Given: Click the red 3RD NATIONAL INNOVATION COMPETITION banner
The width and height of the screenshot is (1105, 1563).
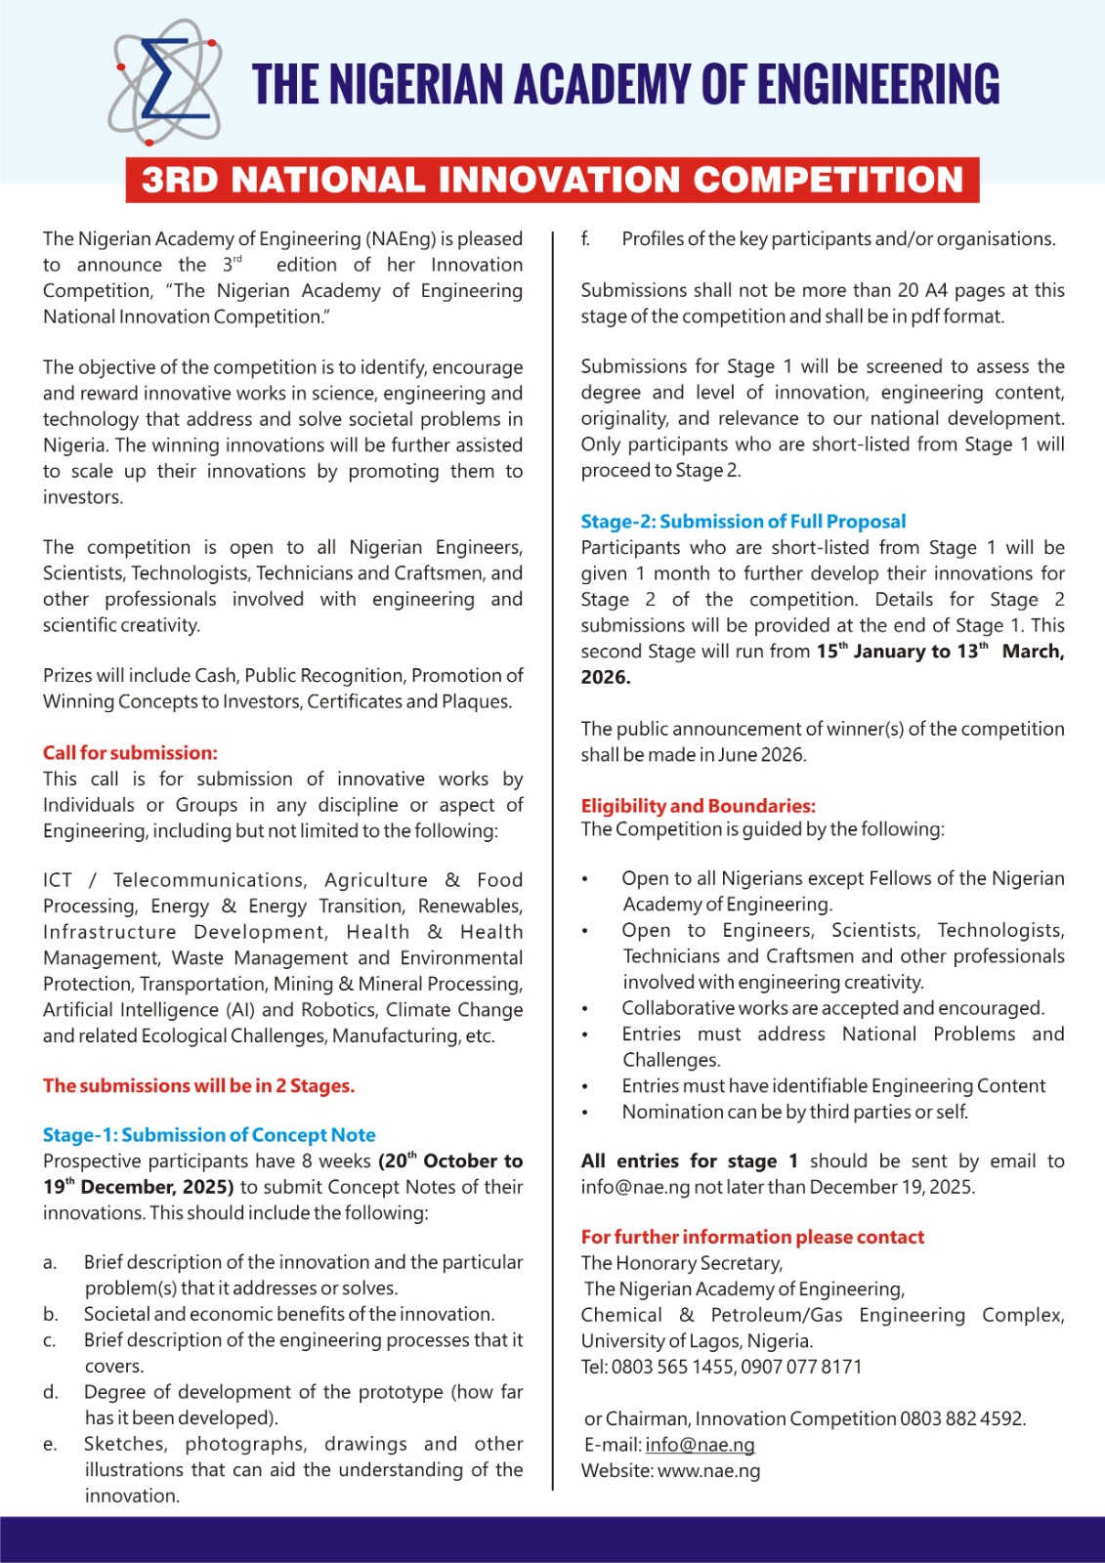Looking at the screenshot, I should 552,180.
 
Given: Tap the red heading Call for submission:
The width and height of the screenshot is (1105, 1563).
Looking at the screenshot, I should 130,753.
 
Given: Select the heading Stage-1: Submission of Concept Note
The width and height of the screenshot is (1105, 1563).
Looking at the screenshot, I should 209,1135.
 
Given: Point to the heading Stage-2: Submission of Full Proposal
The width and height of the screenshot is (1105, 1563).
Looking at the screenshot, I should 743,522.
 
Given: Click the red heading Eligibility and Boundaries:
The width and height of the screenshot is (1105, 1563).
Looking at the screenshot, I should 698,806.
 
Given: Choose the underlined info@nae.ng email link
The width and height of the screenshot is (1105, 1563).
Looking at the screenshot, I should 700,1445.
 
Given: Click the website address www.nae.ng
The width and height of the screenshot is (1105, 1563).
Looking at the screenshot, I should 708,1471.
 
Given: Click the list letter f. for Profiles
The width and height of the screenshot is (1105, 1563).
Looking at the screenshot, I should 585,239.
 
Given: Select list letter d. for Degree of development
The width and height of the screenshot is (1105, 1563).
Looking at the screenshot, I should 50,1392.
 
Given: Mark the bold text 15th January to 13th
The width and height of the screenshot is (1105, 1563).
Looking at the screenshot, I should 902,652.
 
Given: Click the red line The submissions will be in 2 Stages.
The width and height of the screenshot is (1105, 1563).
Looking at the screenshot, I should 198,1086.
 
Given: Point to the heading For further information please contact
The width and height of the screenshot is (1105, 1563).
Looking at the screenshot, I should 752,1238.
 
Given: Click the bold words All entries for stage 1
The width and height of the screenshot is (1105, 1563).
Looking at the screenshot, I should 689,1162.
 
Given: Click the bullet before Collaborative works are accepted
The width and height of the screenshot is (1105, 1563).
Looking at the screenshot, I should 585,1009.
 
